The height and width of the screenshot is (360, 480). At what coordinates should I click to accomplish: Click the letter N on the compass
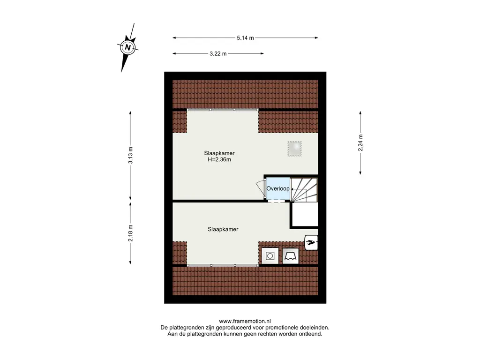tap(127, 47)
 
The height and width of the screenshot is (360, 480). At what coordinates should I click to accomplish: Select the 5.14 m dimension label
tap(245, 38)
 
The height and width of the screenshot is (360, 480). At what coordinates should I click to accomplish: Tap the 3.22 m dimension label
tap(218, 53)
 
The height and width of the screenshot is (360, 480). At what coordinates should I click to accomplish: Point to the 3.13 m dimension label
tap(130, 155)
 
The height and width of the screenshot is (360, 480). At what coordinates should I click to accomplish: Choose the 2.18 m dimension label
tap(130, 233)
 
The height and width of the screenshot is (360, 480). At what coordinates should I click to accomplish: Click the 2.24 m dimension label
tap(360, 143)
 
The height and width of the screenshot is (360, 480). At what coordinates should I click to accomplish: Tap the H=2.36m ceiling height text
tap(219, 159)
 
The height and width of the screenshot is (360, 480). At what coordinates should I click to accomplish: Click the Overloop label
tap(277, 188)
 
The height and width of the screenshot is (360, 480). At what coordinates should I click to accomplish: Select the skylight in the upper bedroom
tap(294, 149)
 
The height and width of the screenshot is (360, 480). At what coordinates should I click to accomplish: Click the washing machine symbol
tap(270, 255)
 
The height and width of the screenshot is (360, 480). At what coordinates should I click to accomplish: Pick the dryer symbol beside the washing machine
tap(291, 255)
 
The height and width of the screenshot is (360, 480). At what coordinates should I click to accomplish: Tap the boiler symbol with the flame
tap(311, 242)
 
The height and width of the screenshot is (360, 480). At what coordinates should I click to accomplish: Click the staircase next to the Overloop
tap(304, 190)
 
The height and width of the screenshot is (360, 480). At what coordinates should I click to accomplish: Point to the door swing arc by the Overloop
tap(260, 187)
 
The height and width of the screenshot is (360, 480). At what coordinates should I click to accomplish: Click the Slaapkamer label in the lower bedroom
tap(223, 229)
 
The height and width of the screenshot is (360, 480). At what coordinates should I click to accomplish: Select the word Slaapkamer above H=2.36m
tap(219, 153)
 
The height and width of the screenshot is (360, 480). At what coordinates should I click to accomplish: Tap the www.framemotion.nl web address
tap(245, 321)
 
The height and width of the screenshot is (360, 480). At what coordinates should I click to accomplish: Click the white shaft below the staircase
tap(305, 215)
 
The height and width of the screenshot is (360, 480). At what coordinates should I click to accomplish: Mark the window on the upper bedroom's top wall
tap(223, 110)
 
